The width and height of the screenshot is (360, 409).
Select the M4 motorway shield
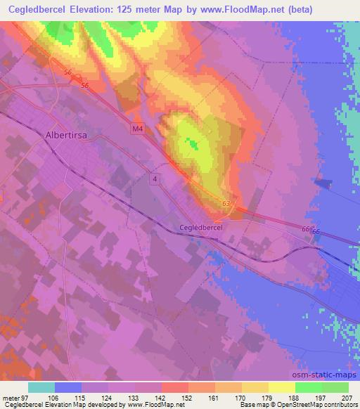click(136, 129)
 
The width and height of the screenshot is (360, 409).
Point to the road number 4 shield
click(154, 180)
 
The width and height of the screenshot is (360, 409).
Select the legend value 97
click(28, 396)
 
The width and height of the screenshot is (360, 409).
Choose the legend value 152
click(188, 396)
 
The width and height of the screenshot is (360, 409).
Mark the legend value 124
click(108, 396)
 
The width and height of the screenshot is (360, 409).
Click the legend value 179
click(269, 396)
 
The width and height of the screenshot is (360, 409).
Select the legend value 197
click(322, 396)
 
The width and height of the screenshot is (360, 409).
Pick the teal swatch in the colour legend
click(41, 387)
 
